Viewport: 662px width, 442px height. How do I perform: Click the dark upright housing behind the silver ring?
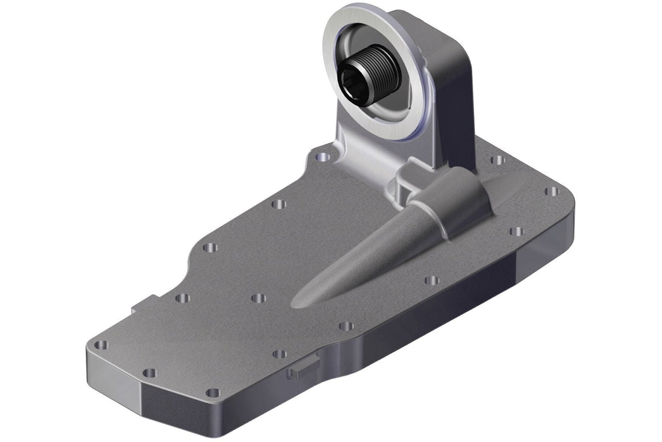coord(451,82)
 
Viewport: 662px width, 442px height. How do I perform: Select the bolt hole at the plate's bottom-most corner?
coord(212,393)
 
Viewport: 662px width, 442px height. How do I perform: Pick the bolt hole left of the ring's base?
coord(322,154)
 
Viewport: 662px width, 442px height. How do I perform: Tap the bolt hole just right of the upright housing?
coord(497,160)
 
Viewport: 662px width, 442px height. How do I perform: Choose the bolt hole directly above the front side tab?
coord(279,354)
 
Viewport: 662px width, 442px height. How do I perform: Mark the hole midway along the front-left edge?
coord(149,373)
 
